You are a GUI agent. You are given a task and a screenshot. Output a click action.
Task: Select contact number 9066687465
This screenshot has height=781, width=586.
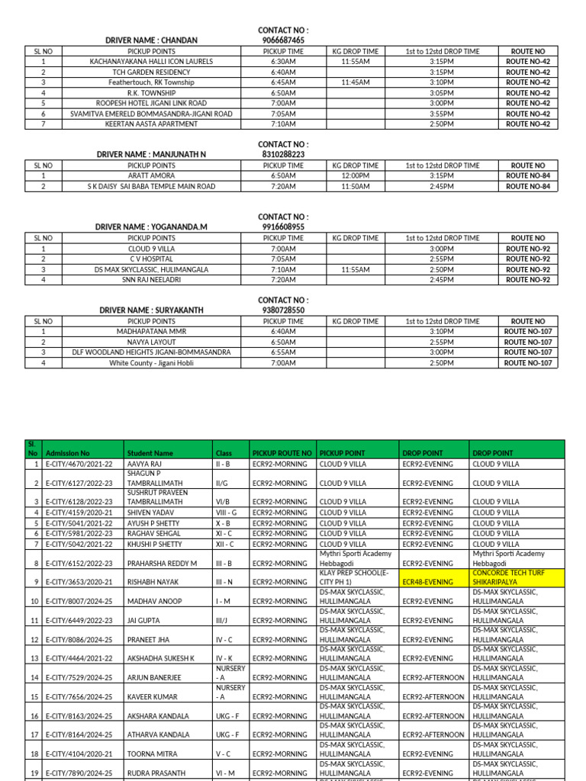(283, 40)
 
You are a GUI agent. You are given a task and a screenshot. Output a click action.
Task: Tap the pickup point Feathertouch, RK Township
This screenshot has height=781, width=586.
(151, 82)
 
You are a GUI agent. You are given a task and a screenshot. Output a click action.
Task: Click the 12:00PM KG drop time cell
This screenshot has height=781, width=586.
(356, 175)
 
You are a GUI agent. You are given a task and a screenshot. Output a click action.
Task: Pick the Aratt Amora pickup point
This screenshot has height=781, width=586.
(151, 175)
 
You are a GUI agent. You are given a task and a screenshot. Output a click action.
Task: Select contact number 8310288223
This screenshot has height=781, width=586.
(283, 154)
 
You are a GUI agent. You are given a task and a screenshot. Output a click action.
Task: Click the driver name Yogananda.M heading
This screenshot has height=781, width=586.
(151, 227)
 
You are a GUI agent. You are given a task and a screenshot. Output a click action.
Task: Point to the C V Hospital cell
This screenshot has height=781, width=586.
(151, 259)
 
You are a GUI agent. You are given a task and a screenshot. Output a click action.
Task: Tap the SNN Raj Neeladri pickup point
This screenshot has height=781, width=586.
(151, 280)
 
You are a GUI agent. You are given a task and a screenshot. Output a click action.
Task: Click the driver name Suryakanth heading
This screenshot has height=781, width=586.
(151, 310)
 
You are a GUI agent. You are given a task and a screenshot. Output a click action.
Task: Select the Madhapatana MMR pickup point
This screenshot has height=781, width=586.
(151, 332)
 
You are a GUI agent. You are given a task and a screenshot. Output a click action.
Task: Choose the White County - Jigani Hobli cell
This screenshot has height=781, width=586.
(151, 363)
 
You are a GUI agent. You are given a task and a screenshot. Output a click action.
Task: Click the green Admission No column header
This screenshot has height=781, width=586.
(68, 453)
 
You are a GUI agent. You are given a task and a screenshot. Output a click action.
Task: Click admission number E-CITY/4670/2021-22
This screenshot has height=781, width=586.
(79, 464)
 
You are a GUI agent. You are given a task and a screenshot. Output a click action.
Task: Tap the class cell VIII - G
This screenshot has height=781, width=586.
(227, 513)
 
